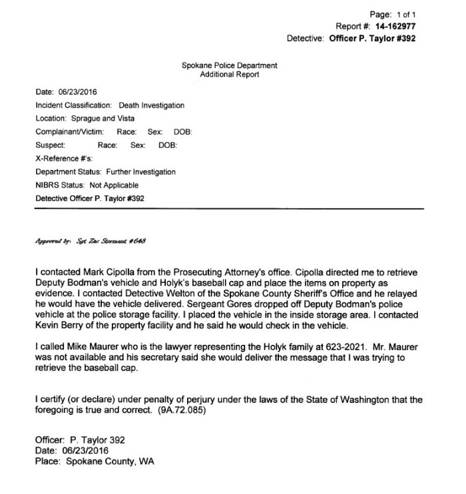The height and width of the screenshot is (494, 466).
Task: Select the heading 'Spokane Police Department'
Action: click(x=230, y=65)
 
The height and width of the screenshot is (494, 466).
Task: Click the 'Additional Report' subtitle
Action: click(x=230, y=75)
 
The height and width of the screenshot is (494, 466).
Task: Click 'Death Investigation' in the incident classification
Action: click(x=152, y=105)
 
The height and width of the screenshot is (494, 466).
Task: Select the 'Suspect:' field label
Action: click(x=51, y=145)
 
